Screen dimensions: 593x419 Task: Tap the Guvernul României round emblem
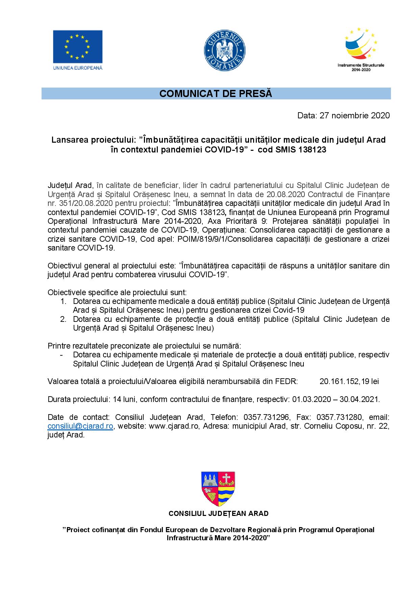point(225,50)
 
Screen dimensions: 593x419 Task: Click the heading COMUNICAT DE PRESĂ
point(216,94)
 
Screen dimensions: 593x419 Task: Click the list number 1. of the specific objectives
point(63,301)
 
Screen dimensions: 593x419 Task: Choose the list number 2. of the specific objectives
point(63,319)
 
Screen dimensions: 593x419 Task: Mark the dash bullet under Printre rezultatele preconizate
point(61,355)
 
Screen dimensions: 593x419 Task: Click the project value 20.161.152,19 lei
point(349,381)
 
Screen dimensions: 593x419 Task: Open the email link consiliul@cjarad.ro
point(80,426)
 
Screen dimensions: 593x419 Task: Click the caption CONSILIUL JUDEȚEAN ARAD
point(218,514)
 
